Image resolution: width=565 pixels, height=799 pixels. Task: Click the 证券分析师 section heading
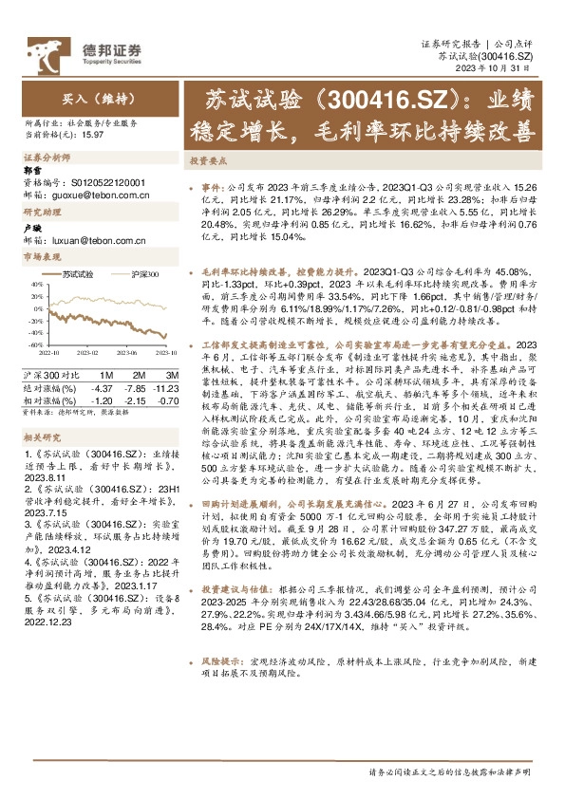[x=47, y=158]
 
